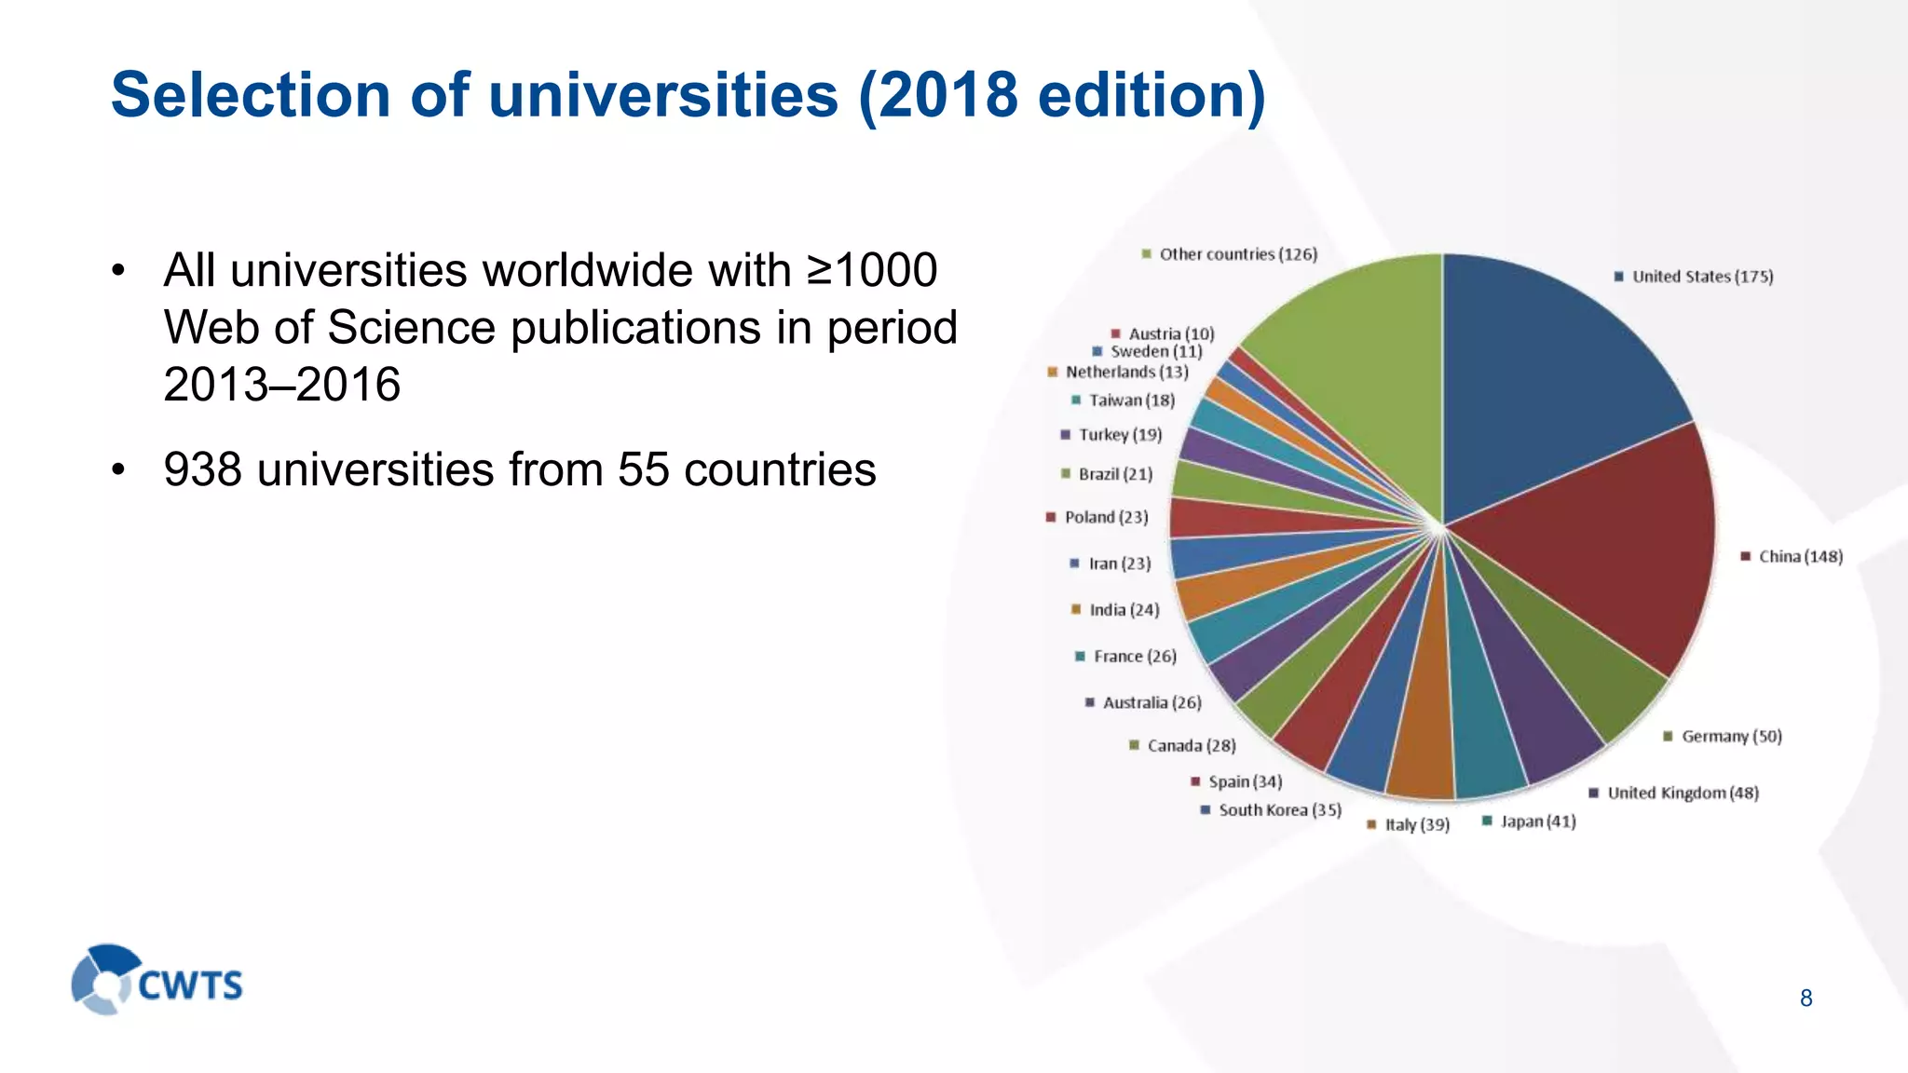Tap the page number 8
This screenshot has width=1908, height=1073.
coord(1806,998)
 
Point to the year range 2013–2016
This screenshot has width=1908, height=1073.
coord(281,385)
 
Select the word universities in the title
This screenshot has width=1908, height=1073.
coord(662,95)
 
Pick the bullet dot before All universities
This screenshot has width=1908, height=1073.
coord(117,272)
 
